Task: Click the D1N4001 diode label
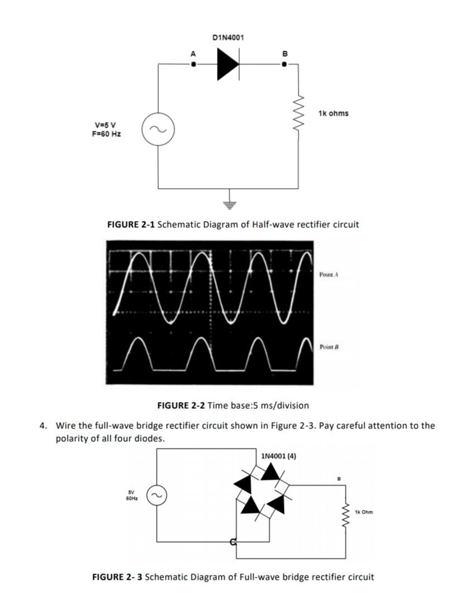tap(228, 37)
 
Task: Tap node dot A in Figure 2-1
tap(194, 64)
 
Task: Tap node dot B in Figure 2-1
tap(284, 64)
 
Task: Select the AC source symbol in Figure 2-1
tap(158, 130)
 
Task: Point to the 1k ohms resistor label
tap(333, 113)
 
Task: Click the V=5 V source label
tap(105, 125)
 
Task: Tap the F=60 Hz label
tap(107, 134)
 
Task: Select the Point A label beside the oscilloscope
tap(329, 275)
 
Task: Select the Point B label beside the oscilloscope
tap(329, 347)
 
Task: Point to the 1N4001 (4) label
tap(278, 456)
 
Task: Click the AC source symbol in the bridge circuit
tap(156, 495)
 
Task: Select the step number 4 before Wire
tap(43, 426)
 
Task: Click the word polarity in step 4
tap(71, 439)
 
